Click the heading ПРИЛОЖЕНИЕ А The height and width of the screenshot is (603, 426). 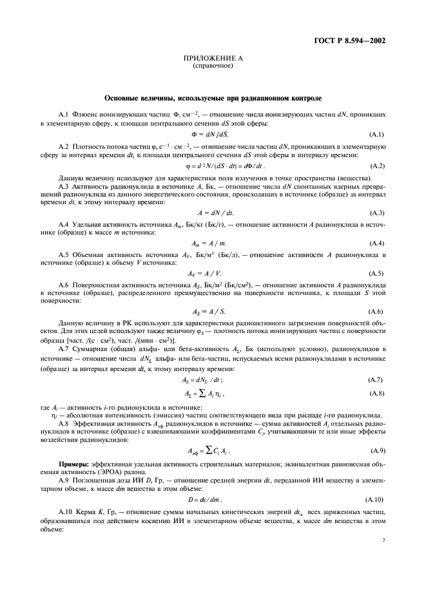click(x=213, y=59)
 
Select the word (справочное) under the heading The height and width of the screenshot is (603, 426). click(x=213, y=66)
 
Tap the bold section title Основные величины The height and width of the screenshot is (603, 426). click(x=213, y=98)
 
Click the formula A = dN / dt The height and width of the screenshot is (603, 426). click(x=213, y=213)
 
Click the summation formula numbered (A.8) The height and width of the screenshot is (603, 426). click(x=213, y=393)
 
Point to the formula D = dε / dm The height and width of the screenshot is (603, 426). click(x=213, y=500)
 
